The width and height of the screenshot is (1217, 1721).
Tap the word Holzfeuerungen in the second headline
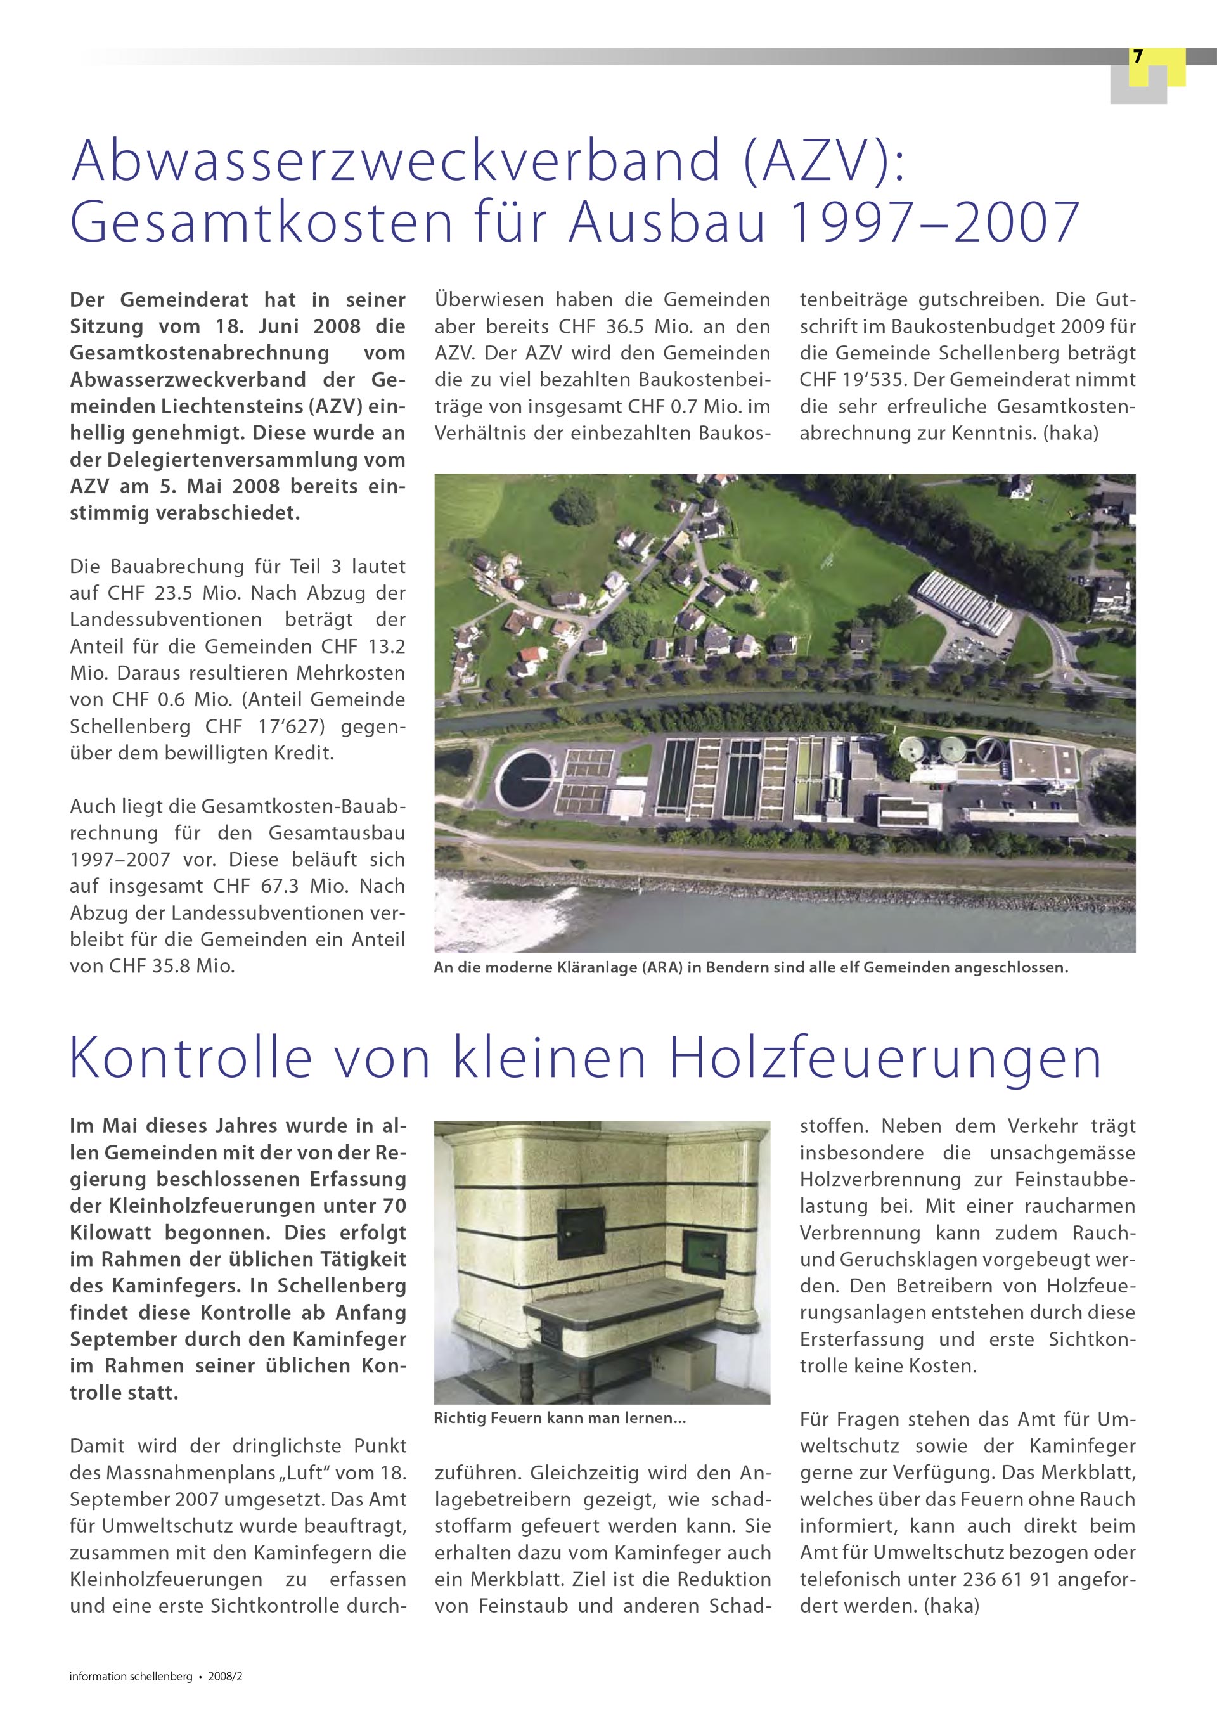885,1059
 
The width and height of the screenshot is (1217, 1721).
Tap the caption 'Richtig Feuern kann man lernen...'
560,1418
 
